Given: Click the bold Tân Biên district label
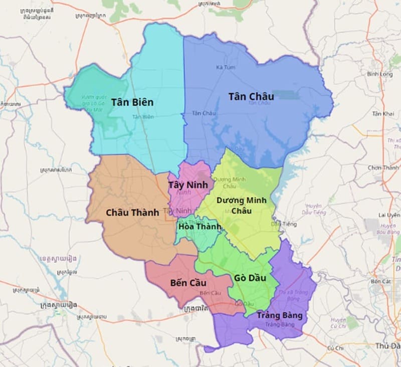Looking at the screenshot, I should [132, 102].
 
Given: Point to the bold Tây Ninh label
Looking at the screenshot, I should [188, 185].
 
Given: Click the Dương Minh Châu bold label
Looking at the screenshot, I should [241, 205].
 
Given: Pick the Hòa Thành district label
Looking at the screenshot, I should [199, 227].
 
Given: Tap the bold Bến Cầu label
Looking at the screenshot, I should [188, 283].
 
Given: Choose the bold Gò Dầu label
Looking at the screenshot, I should [250, 278].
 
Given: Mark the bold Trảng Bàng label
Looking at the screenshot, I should [279, 315].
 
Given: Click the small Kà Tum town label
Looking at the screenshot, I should [222, 67].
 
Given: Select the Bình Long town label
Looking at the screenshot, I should [379, 74].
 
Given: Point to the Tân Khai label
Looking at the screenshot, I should [383, 114].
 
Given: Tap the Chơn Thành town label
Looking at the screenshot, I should [383, 168].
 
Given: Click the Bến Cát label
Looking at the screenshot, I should [380, 282].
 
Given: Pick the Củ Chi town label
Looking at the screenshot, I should [335, 348].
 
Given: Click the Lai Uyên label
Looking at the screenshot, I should [390, 215].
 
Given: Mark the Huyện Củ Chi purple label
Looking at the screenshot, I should [338, 323].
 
